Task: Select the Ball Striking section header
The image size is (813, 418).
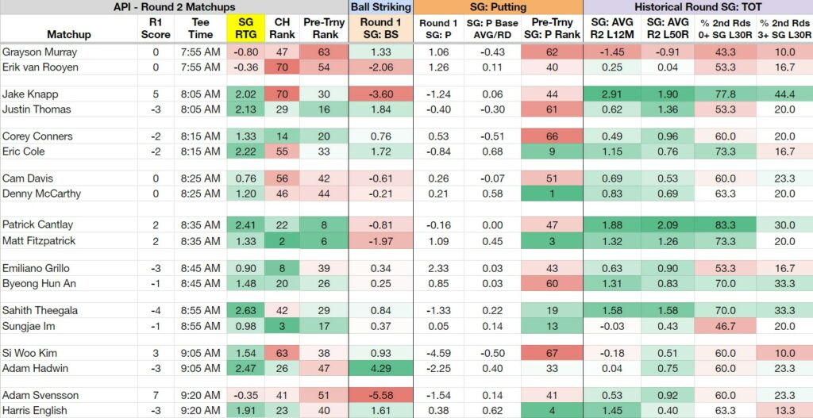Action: (x=381, y=7)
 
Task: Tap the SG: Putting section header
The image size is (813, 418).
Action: (x=499, y=7)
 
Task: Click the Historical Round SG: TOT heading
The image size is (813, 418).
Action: (x=698, y=7)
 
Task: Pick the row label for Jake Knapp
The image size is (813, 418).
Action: (x=30, y=94)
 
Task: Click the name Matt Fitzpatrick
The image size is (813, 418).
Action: (x=39, y=241)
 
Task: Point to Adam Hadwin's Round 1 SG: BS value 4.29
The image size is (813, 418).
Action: (x=381, y=368)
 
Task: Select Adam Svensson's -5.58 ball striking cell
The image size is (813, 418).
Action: (x=381, y=395)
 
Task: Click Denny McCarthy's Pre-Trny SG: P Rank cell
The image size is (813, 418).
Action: (x=552, y=194)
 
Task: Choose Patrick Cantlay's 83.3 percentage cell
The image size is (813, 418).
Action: (x=725, y=224)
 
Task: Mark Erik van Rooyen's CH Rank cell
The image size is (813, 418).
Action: (x=280, y=67)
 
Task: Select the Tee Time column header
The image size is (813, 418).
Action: (x=200, y=29)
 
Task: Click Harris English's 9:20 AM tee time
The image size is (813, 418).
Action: (x=200, y=411)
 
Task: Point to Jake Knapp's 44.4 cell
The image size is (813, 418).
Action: (x=784, y=94)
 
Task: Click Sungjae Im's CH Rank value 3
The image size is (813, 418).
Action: (x=280, y=326)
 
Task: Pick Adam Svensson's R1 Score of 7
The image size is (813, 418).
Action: (x=156, y=395)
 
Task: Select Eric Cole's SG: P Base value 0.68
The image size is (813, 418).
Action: (x=491, y=151)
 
